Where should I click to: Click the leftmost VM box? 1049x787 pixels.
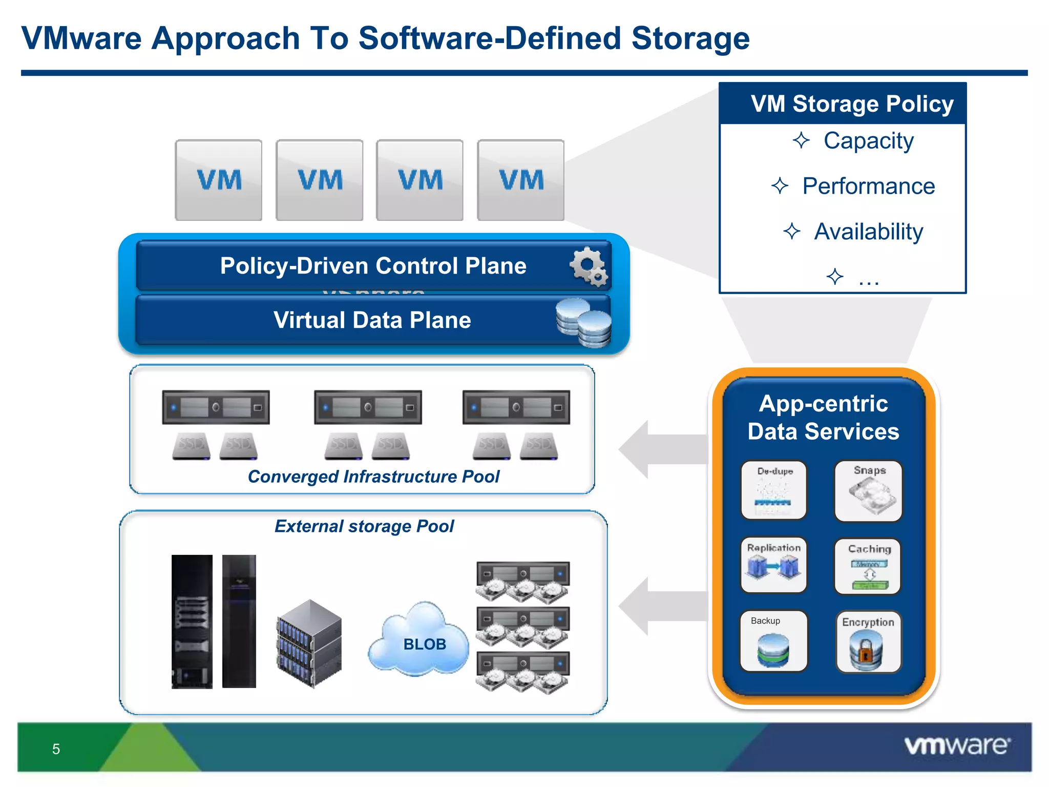[x=219, y=180]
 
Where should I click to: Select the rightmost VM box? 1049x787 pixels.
[x=520, y=180]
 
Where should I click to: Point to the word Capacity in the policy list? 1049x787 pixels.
[x=868, y=141]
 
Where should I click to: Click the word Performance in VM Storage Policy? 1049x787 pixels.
[x=868, y=186]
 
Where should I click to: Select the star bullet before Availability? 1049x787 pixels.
[x=792, y=232]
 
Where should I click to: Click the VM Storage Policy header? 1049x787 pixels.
[x=852, y=103]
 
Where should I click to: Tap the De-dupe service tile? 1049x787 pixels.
[x=774, y=490]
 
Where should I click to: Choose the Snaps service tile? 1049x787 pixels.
[x=868, y=490]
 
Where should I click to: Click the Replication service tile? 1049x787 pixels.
[x=774, y=565]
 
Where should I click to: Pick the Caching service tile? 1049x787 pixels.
[x=868, y=566]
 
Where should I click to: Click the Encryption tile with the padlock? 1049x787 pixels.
[x=868, y=642]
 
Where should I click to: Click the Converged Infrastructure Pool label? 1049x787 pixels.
[x=373, y=477]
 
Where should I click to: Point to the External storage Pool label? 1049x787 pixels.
[x=364, y=526]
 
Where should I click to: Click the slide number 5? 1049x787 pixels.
[x=56, y=749]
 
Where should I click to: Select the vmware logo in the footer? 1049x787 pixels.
[x=957, y=745]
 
